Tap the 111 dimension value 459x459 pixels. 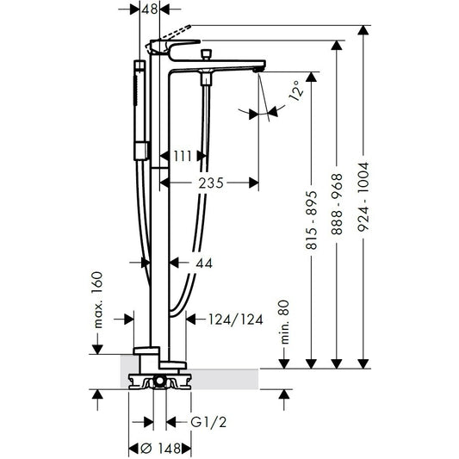(x=182, y=155)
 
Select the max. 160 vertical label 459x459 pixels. (x=99, y=301)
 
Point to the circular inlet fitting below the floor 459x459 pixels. (x=159, y=381)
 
